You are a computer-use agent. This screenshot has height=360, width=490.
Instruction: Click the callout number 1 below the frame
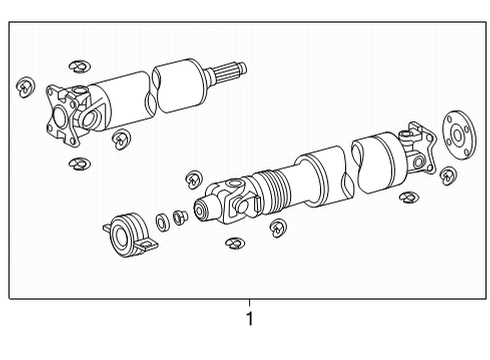point(249,319)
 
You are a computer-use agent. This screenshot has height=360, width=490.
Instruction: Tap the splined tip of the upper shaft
point(229,73)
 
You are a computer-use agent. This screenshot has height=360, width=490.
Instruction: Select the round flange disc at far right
point(459,135)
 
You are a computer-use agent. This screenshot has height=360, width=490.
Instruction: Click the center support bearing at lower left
point(129,235)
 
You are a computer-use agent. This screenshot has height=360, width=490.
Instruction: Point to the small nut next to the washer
point(180,217)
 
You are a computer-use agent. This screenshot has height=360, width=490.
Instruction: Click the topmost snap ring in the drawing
point(80,66)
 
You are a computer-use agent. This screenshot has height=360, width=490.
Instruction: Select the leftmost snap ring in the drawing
point(25,87)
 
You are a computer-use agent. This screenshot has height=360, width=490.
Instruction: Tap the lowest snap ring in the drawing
point(235,243)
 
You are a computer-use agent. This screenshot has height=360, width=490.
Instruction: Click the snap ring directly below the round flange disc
point(448,176)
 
